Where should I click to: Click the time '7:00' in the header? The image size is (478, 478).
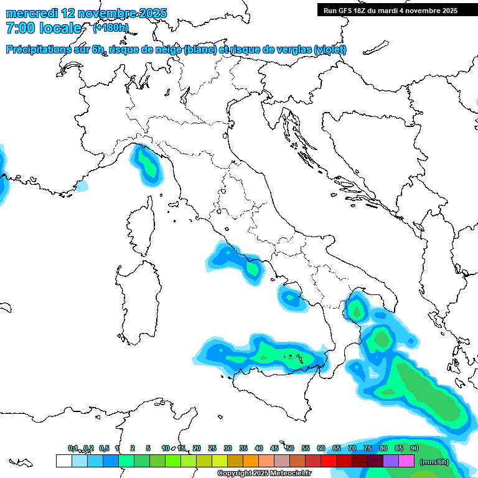pos(19,28)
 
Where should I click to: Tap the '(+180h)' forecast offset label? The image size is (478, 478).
pos(110,27)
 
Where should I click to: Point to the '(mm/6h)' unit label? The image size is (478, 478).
pos(434,462)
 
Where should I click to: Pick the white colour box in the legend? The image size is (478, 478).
pos(63,461)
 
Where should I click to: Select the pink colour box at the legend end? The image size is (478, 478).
pos(406,461)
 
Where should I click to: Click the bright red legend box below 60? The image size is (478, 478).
pos(329,461)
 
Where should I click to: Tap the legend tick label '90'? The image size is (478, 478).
pos(415,448)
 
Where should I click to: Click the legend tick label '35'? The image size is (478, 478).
pos(243,448)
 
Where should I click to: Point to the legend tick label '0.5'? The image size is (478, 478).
pos(104,448)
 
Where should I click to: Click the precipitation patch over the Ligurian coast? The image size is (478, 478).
pos(147,164)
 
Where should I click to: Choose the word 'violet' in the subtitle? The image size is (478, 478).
pos(330,50)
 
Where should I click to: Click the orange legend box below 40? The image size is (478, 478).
pos(251,461)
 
